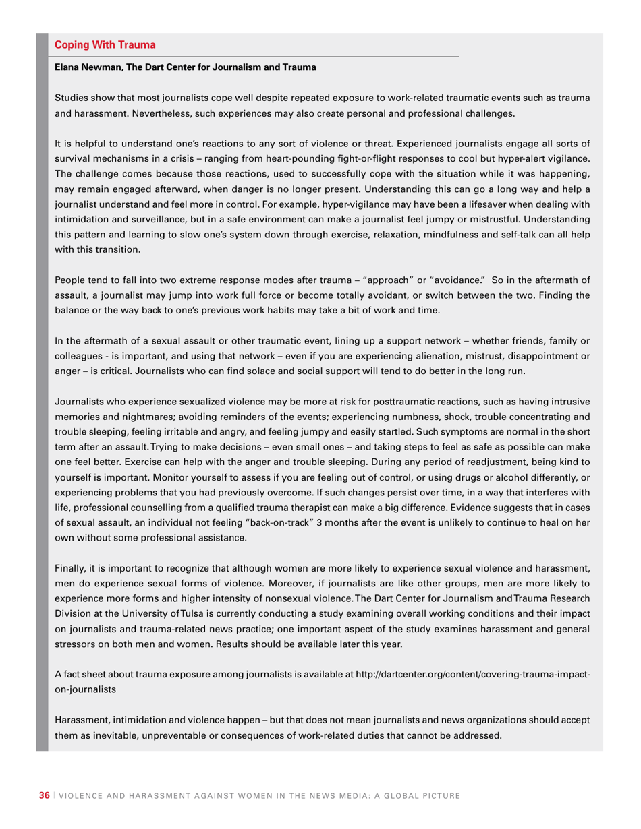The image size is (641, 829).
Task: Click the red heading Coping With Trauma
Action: click(x=105, y=45)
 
